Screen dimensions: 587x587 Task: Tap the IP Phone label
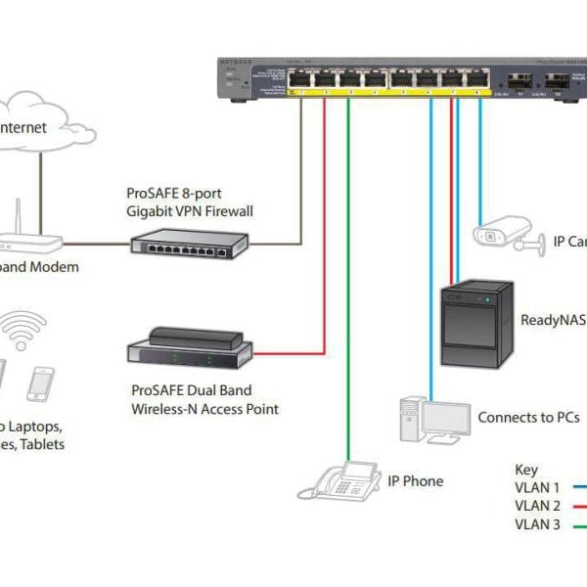415,480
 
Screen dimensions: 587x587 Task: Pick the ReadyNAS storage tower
475,324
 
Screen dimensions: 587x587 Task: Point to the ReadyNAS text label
553,319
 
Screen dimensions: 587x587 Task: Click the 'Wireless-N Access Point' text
204,408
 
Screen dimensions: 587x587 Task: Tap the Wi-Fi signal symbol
24,327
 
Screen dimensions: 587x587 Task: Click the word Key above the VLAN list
525,470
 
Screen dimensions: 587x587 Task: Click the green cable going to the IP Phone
348,293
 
